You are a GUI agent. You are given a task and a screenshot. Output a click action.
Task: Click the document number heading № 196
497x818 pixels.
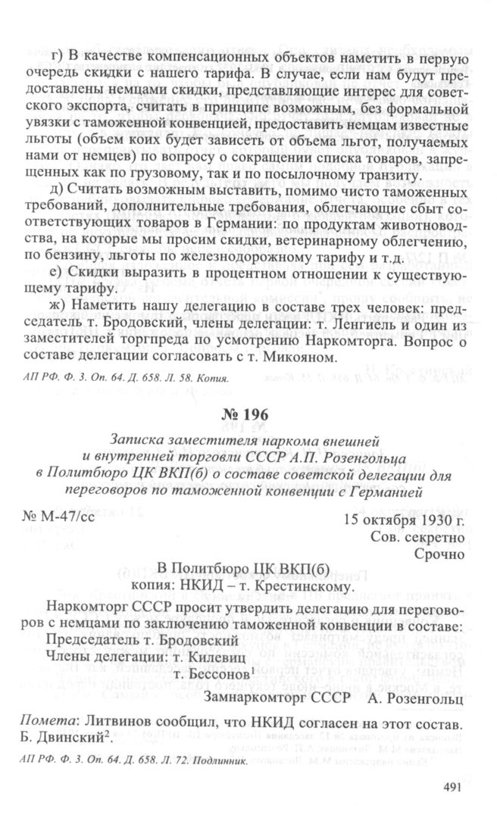coord(247,414)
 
